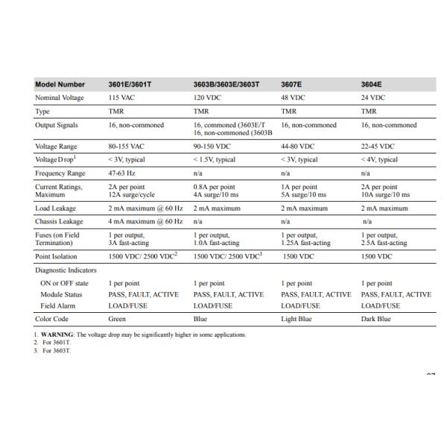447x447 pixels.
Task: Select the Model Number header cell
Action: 60,85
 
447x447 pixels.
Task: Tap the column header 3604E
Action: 373,85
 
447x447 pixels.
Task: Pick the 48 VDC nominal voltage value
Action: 293,98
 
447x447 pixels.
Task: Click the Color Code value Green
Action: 118,319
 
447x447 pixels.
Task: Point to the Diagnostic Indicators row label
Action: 69,270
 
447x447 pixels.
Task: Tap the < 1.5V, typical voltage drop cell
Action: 215,159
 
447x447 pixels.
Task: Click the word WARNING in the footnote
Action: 57,335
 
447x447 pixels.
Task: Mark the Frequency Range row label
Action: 62,172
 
